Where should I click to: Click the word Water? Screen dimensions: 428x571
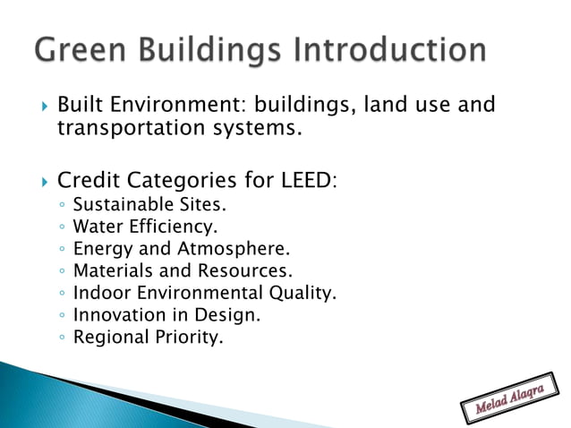(x=95, y=226)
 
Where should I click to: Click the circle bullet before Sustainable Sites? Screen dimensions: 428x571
(x=60, y=204)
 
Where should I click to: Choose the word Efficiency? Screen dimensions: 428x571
(x=170, y=226)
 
